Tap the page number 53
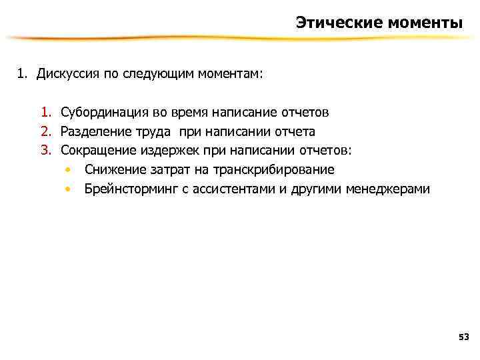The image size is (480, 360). [464, 337]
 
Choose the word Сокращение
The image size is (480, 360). [95, 151]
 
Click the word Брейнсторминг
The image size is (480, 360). [129, 189]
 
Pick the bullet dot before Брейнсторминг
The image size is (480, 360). [68, 189]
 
